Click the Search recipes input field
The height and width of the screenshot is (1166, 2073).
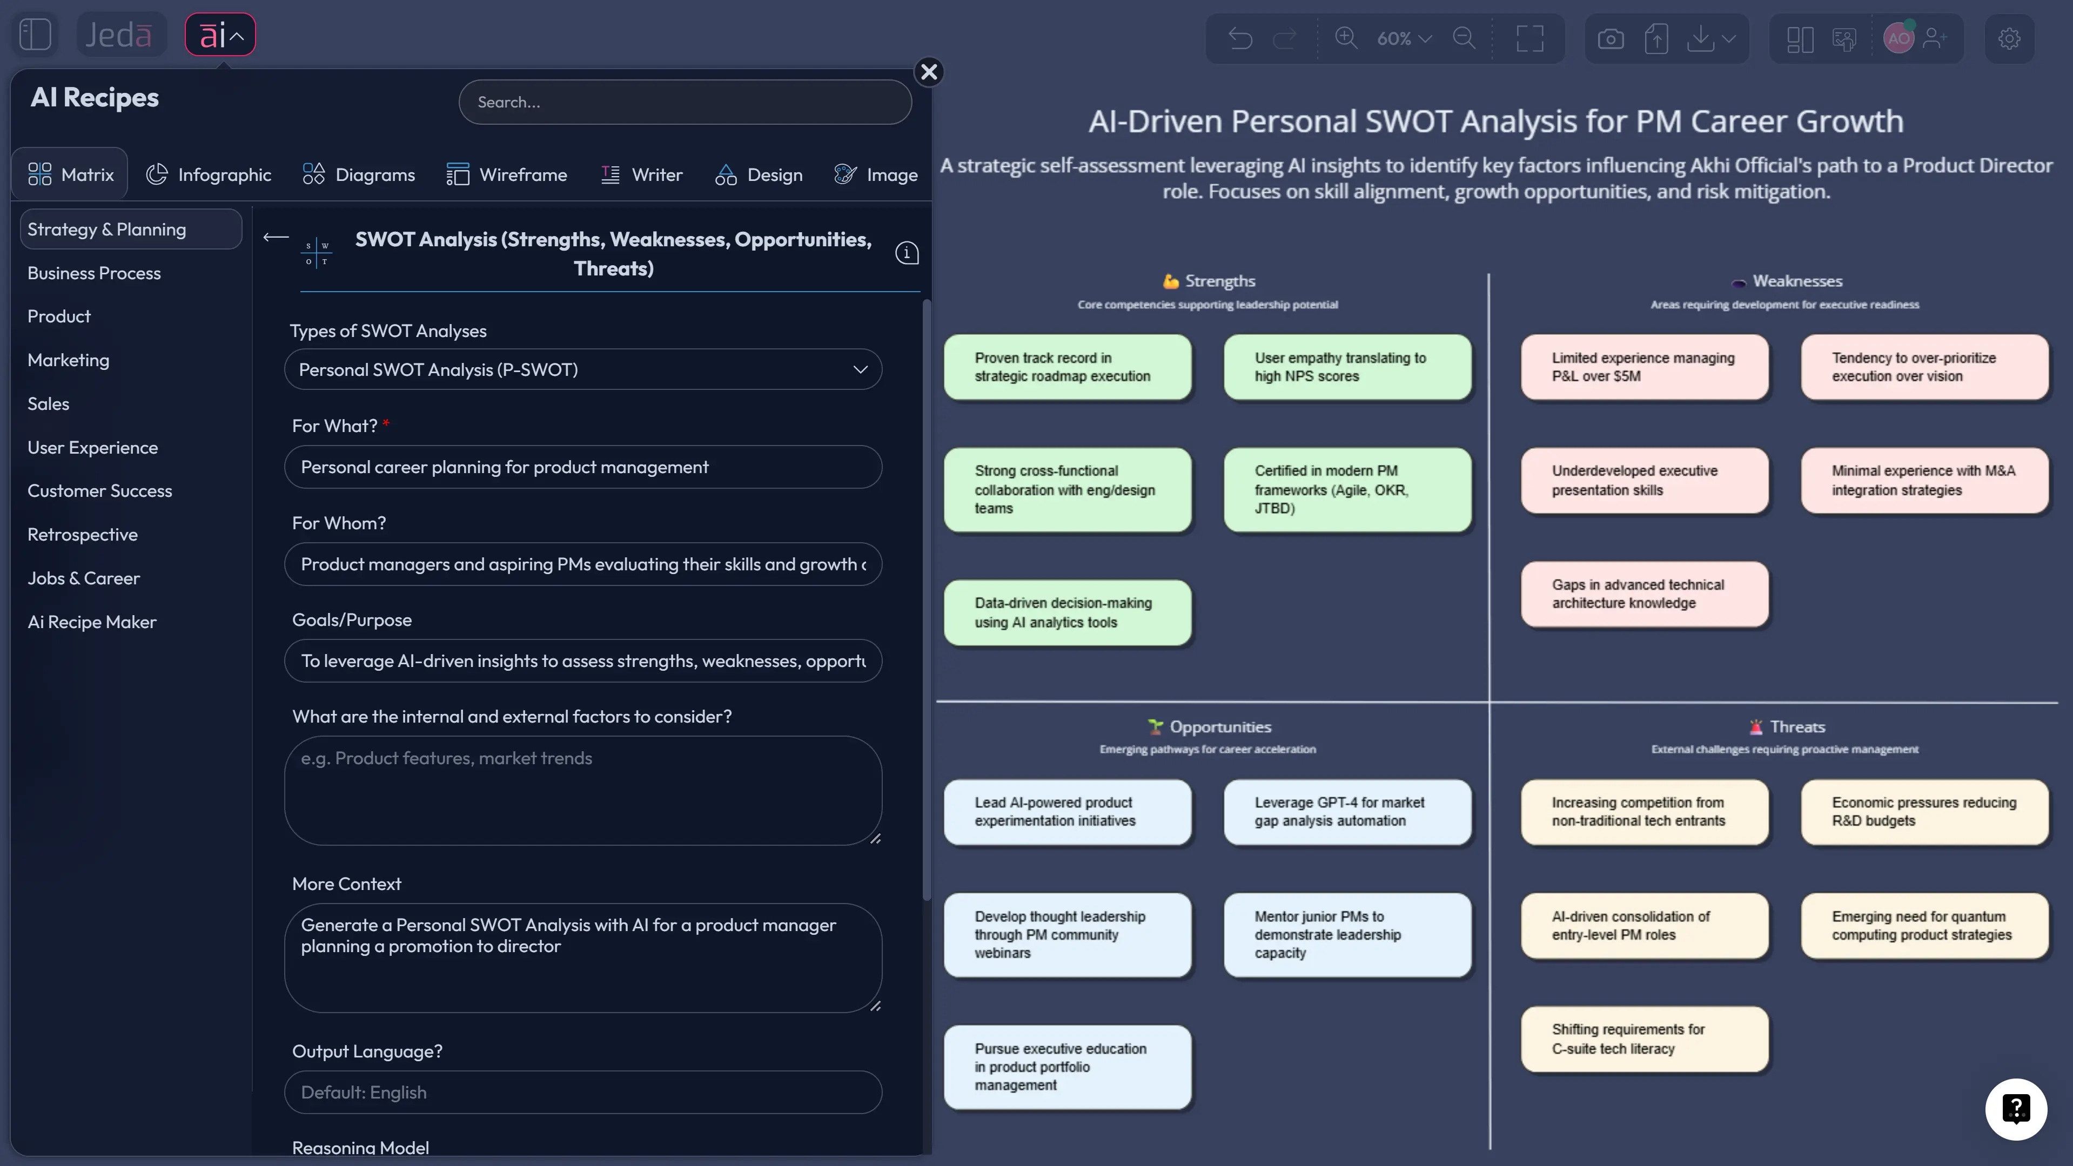(685, 102)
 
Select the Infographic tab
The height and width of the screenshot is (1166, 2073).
(209, 174)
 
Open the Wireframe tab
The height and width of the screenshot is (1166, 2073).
(507, 174)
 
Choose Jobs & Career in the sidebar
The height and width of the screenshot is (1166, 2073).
(84, 578)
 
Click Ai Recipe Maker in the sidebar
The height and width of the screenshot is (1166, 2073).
(92, 622)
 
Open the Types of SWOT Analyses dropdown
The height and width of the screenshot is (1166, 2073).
(582, 369)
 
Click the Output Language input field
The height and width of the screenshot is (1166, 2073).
(582, 1092)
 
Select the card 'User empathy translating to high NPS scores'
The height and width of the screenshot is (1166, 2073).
(1347, 367)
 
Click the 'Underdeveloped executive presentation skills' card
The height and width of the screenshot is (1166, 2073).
(1644, 481)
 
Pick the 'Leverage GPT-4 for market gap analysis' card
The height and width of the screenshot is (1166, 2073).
(1347, 812)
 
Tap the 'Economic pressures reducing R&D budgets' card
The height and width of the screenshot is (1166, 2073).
(1924, 812)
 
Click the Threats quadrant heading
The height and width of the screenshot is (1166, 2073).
(1796, 726)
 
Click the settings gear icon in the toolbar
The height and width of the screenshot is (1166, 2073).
(2009, 39)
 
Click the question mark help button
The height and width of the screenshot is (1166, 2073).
(2016, 1109)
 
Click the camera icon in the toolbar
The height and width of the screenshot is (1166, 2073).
(1611, 39)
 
